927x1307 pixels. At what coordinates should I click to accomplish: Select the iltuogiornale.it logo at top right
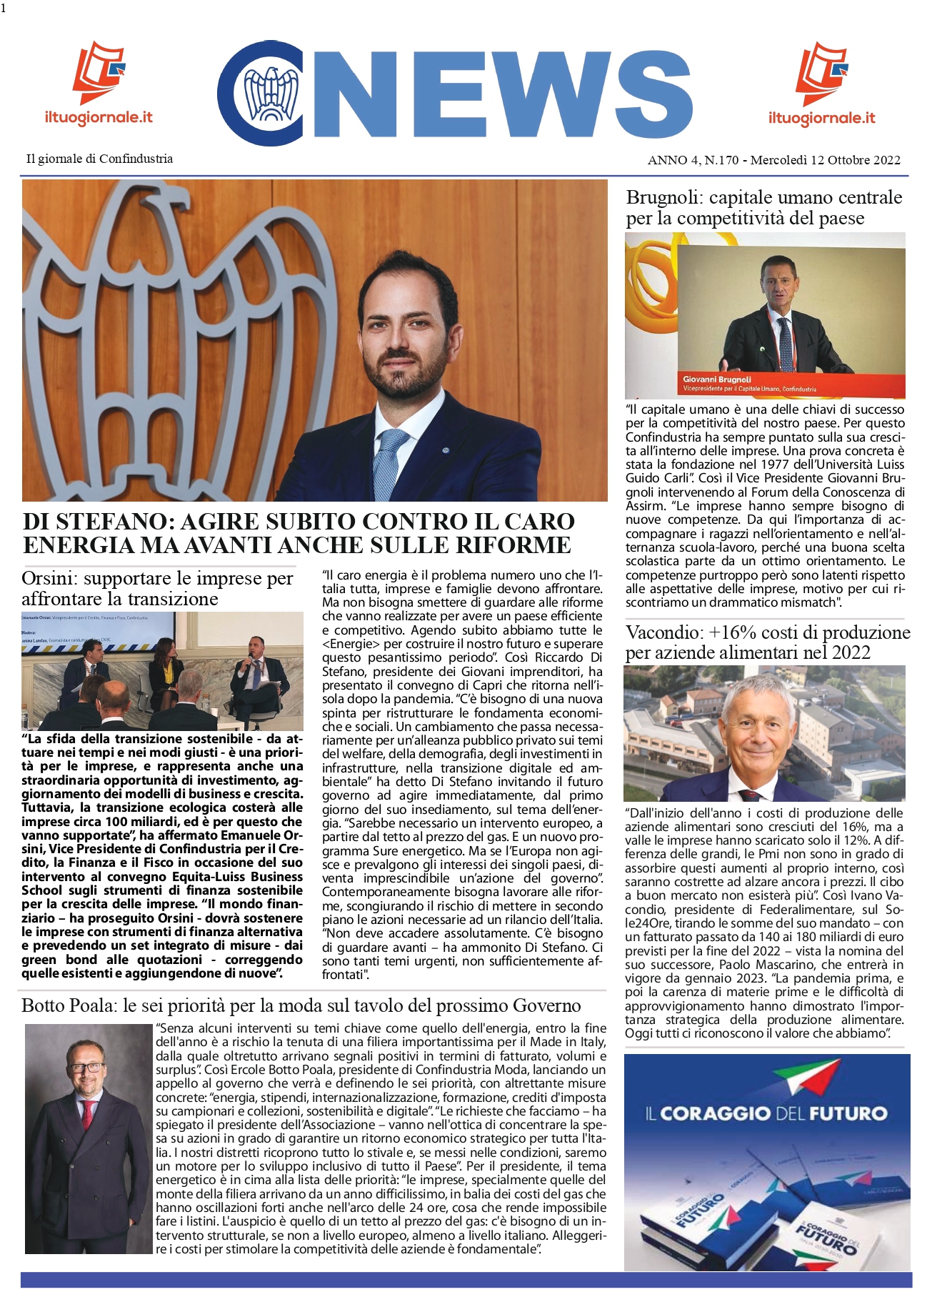point(821,84)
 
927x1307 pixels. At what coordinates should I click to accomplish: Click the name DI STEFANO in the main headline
point(99,522)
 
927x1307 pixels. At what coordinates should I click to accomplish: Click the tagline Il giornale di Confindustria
point(99,159)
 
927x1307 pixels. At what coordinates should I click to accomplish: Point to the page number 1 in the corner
point(4,8)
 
